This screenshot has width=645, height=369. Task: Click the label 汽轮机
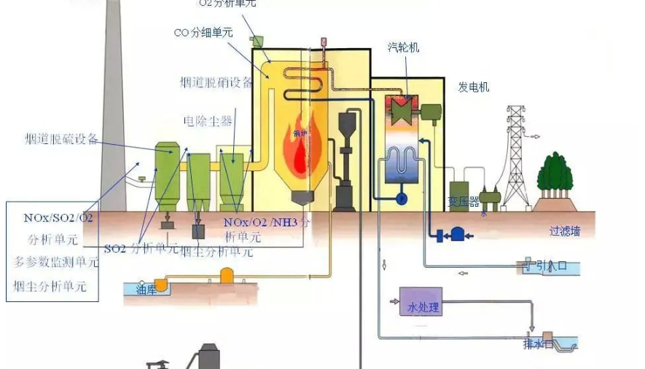point(403,47)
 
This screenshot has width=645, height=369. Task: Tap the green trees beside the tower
point(558,176)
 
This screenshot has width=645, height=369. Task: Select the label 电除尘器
point(208,119)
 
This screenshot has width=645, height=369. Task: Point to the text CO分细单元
point(204,33)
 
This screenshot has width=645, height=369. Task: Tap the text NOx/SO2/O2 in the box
point(58,218)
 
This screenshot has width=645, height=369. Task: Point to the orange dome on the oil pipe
point(227,274)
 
